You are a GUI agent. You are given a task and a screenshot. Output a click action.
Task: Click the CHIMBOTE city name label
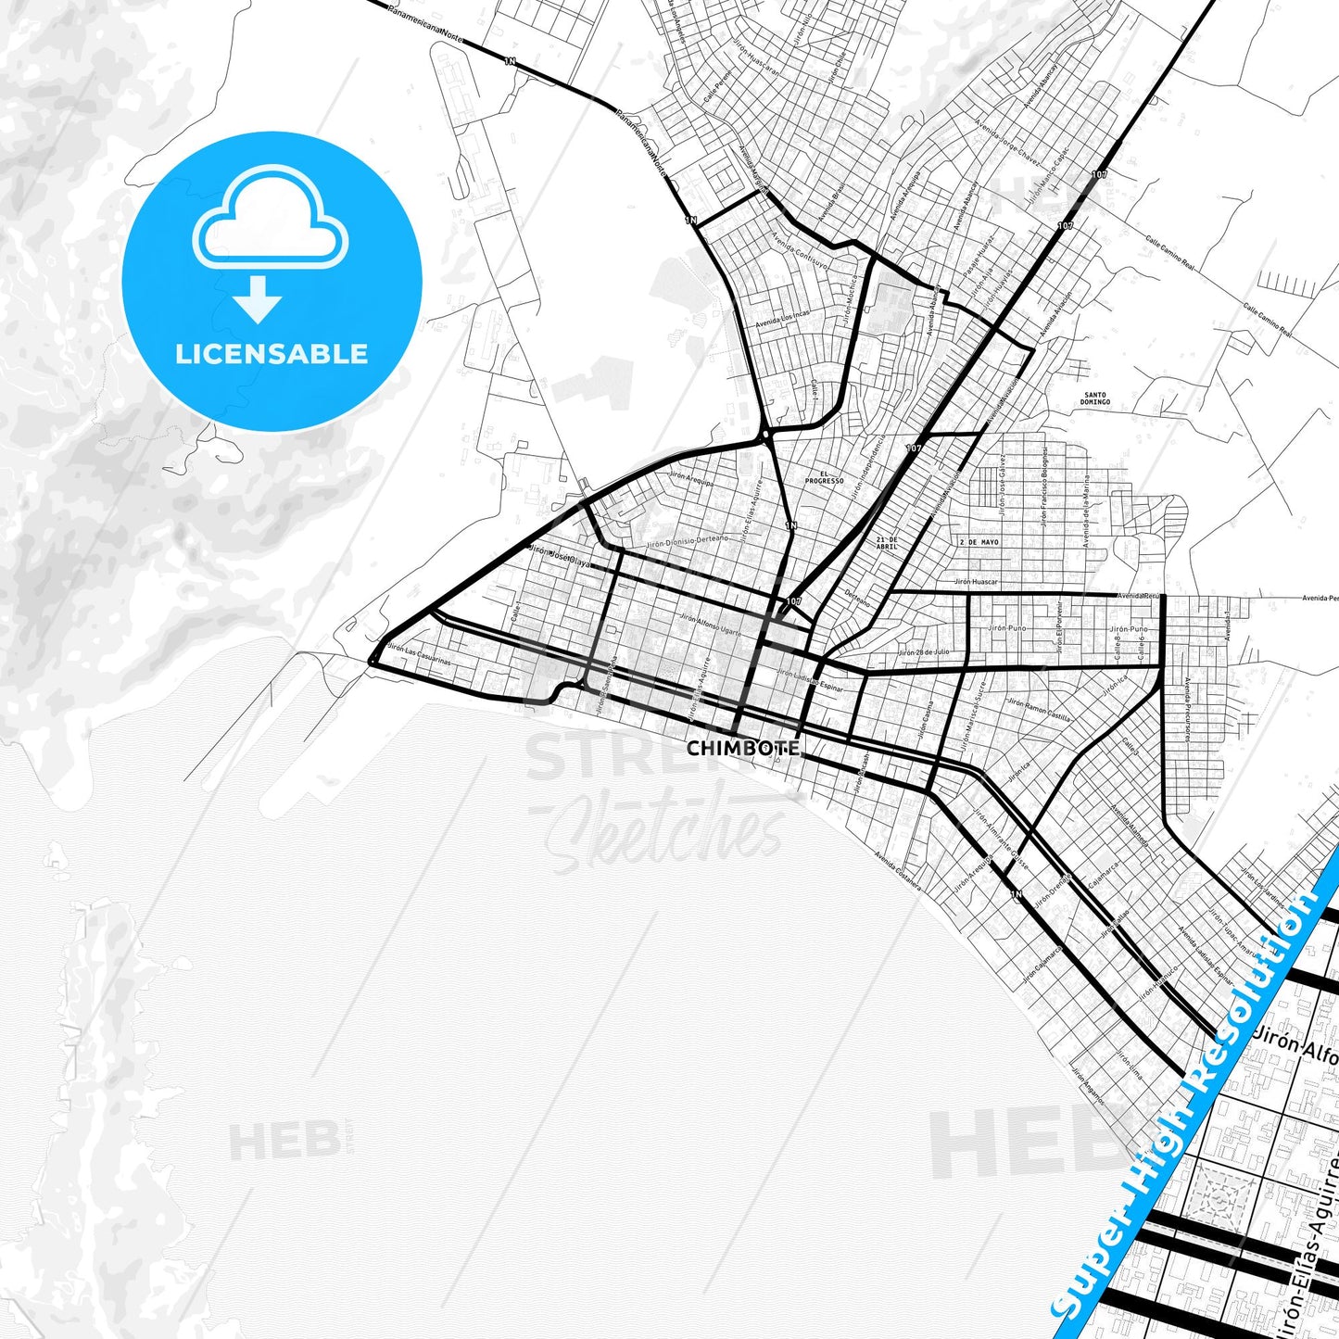(742, 748)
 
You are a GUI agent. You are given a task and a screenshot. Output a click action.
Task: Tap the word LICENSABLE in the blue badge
(272, 353)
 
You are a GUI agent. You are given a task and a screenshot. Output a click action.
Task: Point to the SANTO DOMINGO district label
(1094, 398)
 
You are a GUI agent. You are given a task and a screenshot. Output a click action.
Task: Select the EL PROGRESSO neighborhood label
(824, 477)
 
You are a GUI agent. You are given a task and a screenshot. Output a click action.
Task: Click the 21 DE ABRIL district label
(887, 542)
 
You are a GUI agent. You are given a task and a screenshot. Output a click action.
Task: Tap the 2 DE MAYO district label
(979, 541)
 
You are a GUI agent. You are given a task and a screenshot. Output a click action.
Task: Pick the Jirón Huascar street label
(976, 582)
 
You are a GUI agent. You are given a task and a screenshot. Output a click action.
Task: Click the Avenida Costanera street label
(898, 871)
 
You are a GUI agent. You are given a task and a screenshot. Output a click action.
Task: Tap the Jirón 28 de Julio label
(924, 652)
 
